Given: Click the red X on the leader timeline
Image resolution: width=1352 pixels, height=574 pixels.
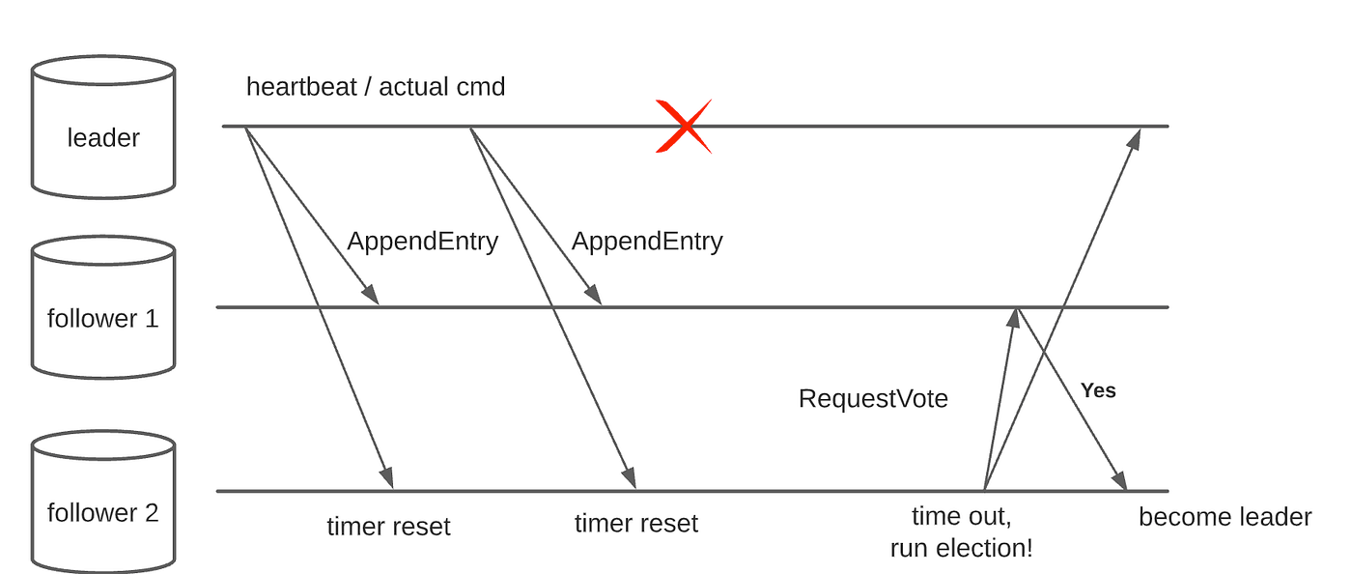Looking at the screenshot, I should click(684, 126).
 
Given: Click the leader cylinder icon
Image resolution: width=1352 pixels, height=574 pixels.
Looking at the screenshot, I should click(103, 127).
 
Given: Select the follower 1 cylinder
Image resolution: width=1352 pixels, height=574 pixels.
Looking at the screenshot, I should click(103, 309).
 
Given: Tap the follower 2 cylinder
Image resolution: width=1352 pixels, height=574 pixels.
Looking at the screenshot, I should click(103, 502).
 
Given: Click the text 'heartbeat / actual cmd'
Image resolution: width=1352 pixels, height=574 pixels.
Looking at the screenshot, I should click(375, 87).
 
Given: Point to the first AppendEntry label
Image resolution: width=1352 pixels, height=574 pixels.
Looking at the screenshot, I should click(422, 242).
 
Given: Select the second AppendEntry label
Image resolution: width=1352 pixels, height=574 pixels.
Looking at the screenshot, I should click(646, 242).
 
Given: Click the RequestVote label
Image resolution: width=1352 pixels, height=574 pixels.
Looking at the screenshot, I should click(873, 399).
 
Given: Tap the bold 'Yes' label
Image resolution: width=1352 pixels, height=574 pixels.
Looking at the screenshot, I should click(1098, 390).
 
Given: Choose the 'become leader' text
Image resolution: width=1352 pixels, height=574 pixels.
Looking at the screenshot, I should click(1225, 517).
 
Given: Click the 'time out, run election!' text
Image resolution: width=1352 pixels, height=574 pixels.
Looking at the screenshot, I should click(961, 532).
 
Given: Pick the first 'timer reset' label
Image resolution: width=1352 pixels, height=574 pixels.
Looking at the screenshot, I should click(388, 527).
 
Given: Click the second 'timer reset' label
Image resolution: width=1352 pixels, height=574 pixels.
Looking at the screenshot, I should click(635, 524).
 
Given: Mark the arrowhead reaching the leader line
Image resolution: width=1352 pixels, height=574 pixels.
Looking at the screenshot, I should click(1135, 137).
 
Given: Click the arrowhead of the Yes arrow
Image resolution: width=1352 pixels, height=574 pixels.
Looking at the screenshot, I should click(1121, 481).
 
